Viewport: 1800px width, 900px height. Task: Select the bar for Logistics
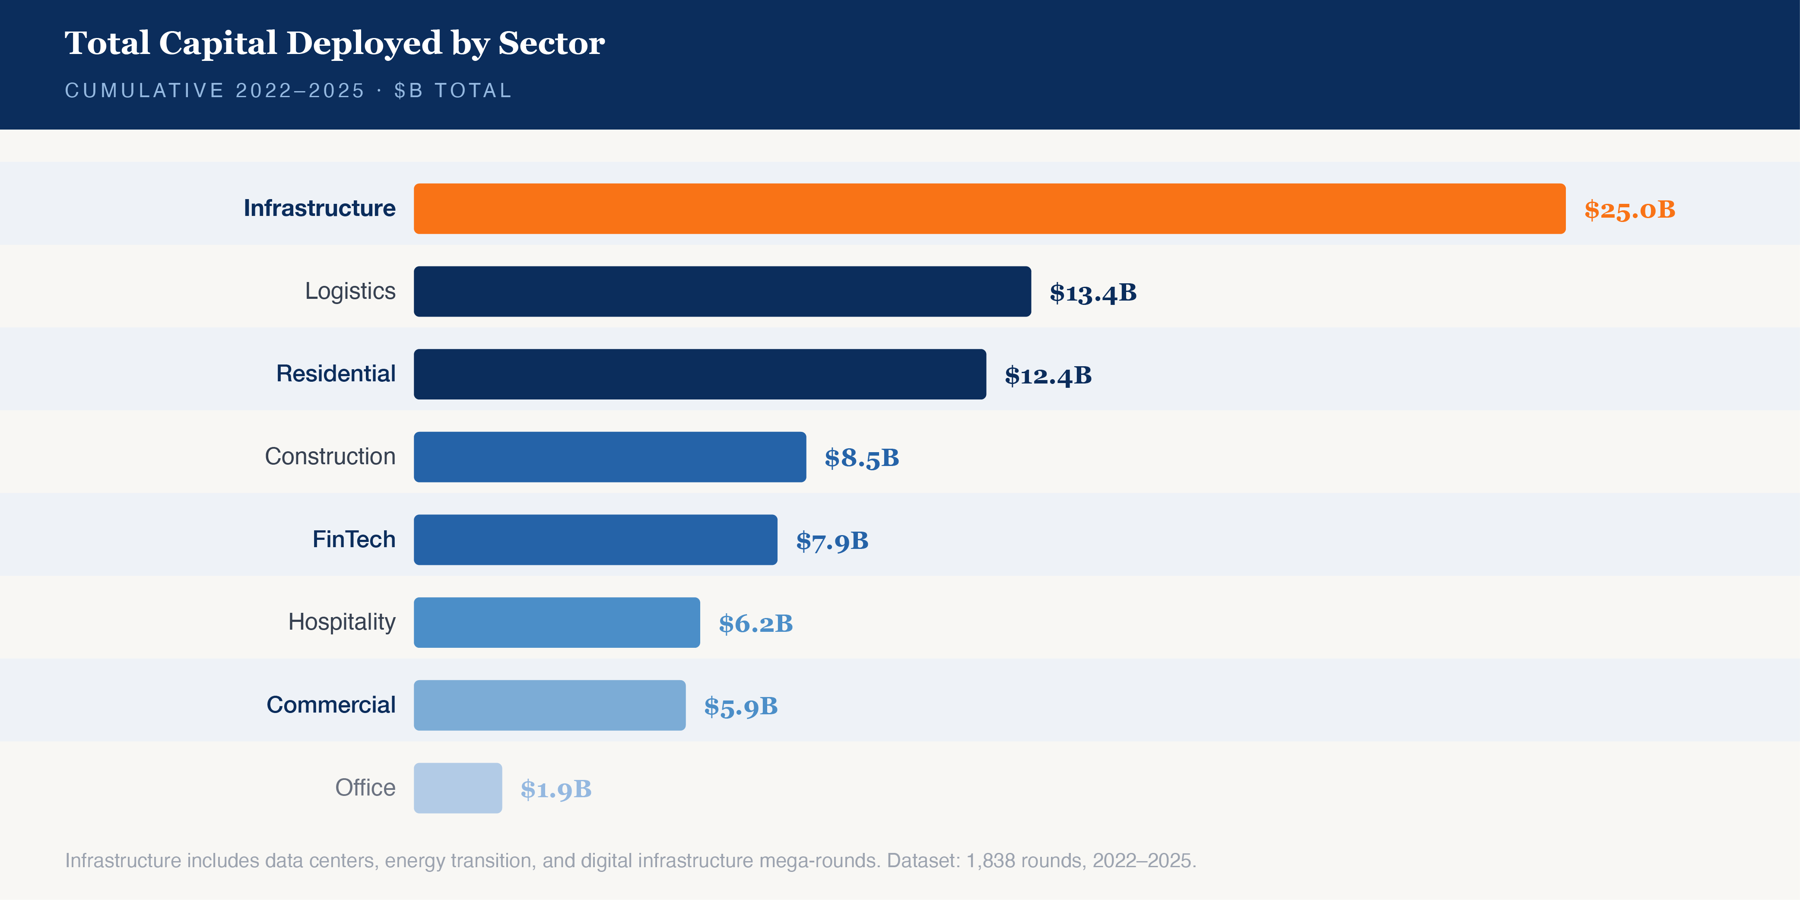(722, 292)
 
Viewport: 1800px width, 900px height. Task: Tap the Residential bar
(699, 374)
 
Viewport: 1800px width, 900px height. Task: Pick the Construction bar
(610, 457)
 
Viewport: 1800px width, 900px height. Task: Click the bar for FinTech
(595, 540)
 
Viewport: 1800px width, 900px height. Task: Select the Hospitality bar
(556, 623)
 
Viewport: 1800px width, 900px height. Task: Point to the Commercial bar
(549, 706)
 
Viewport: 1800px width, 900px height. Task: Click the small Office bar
(458, 788)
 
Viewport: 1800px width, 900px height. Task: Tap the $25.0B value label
(1629, 209)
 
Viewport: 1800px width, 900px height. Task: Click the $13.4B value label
(1093, 293)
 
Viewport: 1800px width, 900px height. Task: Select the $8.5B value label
(862, 458)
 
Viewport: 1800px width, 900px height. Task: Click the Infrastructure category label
(319, 208)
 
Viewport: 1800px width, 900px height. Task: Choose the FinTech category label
(354, 539)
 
